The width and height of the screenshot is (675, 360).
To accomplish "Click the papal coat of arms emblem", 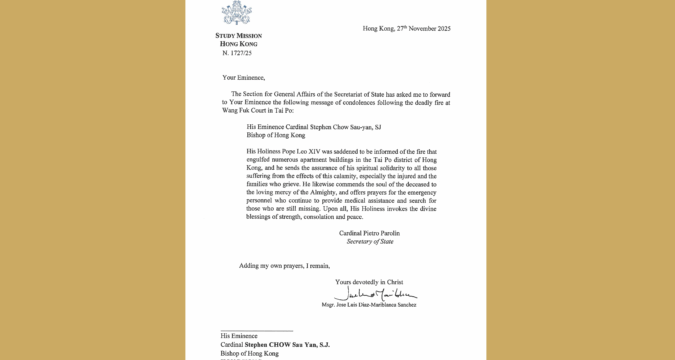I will coord(237,13).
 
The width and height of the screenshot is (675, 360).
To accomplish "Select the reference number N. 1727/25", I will coord(237,51).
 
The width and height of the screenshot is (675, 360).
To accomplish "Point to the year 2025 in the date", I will coord(441,28).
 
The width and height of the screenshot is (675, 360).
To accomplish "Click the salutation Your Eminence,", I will coord(244,76).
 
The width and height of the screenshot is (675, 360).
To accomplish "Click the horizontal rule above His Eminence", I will coord(257,330).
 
